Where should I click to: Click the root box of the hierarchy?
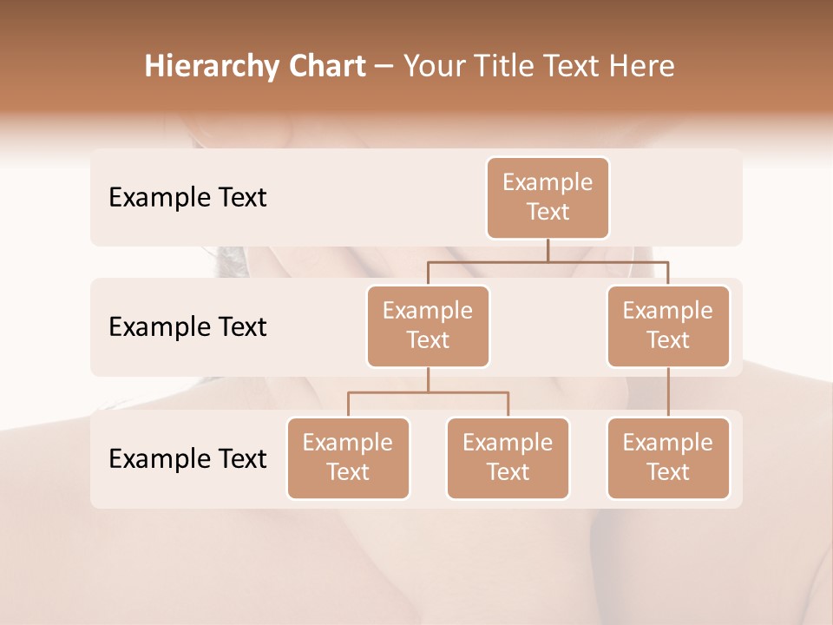(548, 197)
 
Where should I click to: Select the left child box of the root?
(428, 326)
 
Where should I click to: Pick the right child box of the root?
(668, 326)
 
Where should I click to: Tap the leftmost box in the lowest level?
(348, 457)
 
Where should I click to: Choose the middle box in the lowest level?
(508, 457)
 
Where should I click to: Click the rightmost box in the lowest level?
(668, 457)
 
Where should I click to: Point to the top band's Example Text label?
(187, 198)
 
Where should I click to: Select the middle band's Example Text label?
(187, 327)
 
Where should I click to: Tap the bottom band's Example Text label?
(187, 458)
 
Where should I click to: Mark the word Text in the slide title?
(574, 66)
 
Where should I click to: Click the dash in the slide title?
(384, 68)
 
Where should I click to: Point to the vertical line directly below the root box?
(548, 250)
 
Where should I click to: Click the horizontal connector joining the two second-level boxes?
(548, 260)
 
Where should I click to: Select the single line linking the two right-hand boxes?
(668, 392)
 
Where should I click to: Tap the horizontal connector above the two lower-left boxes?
(428, 392)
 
